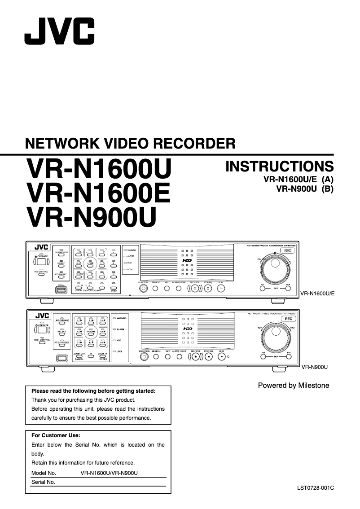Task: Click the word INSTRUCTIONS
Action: click(x=280, y=166)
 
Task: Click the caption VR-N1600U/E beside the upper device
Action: click(x=318, y=293)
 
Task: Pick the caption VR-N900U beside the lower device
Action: click(x=314, y=367)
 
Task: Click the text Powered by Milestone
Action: click(x=293, y=385)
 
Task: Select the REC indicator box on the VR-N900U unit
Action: click(x=289, y=318)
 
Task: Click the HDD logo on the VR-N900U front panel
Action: click(x=187, y=329)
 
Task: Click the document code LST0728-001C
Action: click(x=316, y=487)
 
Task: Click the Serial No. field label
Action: click(x=43, y=482)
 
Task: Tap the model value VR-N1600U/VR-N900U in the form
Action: click(x=109, y=473)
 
